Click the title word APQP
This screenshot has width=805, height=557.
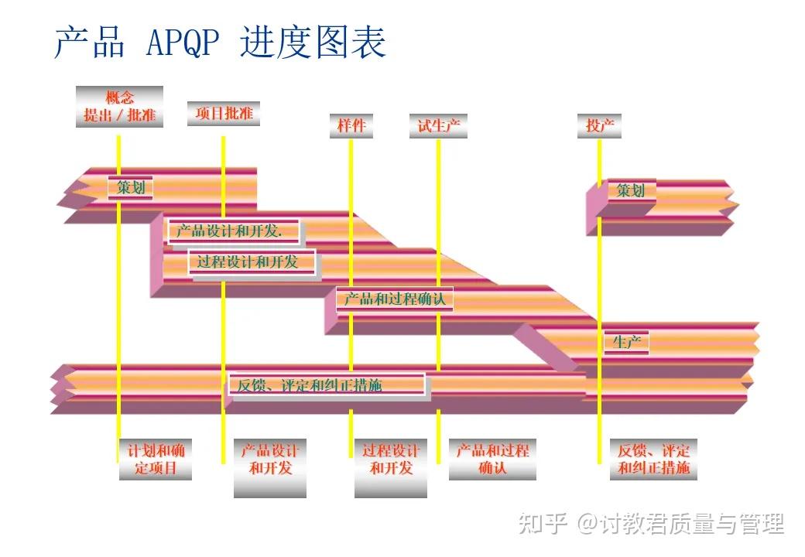183,43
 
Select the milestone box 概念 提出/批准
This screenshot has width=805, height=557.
119,107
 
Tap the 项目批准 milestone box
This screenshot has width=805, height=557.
224,113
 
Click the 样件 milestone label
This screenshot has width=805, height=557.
351,125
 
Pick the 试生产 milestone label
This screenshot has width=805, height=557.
438,125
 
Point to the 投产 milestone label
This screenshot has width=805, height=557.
599,125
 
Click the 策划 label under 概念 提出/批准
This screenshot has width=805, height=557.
130,187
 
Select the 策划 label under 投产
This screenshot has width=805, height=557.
630,190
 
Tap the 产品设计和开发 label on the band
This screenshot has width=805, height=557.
233,231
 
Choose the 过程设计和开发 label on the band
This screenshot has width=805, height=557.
254,261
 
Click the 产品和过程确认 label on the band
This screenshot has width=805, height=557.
395,299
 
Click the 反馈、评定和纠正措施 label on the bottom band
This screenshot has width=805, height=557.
327,384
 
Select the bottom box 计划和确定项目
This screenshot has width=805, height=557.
156,460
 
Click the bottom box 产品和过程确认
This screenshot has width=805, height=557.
492,460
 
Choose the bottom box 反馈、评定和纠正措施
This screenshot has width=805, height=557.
654,460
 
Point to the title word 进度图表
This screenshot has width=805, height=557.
313,43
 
